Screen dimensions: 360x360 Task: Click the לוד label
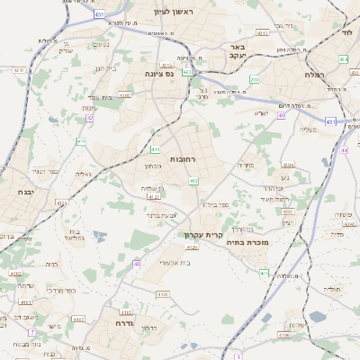347,31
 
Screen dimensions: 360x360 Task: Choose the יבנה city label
24,192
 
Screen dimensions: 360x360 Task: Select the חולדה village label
332,290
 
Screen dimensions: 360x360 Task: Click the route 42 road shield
89,117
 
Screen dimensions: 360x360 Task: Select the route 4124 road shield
61,204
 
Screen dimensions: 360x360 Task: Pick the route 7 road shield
31,332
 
